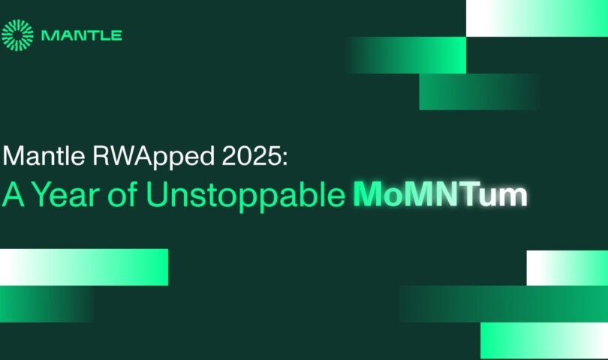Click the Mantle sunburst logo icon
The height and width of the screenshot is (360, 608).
click(x=17, y=35)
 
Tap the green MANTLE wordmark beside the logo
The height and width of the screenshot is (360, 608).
click(x=82, y=36)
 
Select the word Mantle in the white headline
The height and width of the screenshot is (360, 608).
click(x=44, y=156)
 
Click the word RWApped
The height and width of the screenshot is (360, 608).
click(x=154, y=157)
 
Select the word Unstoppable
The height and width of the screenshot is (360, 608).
click(x=246, y=195)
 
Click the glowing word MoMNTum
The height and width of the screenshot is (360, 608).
click(x=441, y=194)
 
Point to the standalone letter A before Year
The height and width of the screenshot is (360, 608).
click(x=14, y=194)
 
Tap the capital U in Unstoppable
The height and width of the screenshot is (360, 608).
click(x=158, y=194)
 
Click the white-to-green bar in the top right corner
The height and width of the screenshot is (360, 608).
click(x=537, y=18)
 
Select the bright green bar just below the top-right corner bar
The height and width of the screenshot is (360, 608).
click(x=406, y=55)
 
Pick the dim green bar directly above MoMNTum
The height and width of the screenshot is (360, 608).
click(x=479, y=91)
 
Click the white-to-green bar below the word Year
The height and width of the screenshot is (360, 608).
click(x=84, y=268)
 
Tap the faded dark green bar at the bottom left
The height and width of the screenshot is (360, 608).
click(x=47, y=304)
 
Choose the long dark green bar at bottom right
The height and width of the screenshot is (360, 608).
click(x=504, y=304)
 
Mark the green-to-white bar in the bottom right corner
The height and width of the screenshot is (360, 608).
click(x=544, y=340)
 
